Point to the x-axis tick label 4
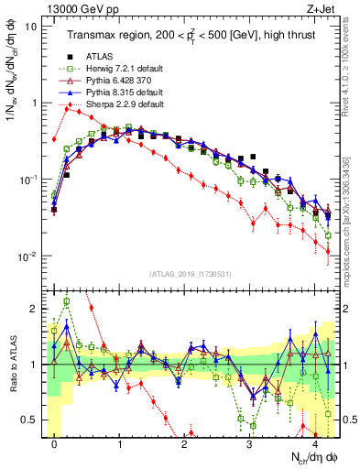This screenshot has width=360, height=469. coord(315,444)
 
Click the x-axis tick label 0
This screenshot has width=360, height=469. coord(55,444)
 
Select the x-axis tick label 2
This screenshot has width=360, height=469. coord(185,444)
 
